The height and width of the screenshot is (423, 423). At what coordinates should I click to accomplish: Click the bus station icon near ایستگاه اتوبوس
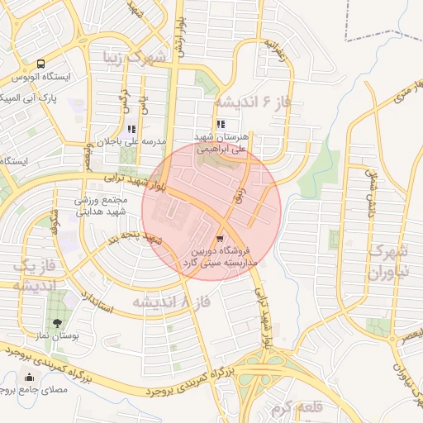pos(41,64)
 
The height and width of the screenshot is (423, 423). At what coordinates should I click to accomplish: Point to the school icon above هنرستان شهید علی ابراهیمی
pos(220,126)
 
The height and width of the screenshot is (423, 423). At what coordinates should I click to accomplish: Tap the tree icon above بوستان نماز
pos(56,323)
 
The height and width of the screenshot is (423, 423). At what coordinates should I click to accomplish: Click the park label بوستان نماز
pos(57,337)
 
